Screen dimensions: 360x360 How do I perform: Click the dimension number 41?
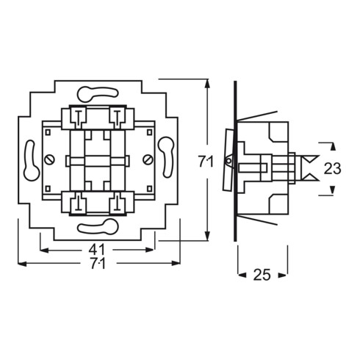pyautogui.click(x=96, y=249)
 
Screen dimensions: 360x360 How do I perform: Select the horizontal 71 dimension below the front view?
pyautogui.click(x=96, y=265)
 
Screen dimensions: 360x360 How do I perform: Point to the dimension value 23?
pyautogui.click(x=332, y=168)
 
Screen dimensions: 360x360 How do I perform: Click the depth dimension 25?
pyautogui.click(x=262, y=275)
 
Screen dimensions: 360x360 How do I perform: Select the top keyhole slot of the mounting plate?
pyautogui.click(x=96, y=93)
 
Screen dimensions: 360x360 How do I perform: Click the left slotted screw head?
pyautogui.click(x=48, y=159)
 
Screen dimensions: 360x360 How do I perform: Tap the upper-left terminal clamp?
pyautogui.click(x=77, y=116)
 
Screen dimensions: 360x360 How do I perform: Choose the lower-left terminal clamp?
pyautogui.click(x=77, y=203)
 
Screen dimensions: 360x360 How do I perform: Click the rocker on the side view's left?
pyautogui.click(x=228, y=159)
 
